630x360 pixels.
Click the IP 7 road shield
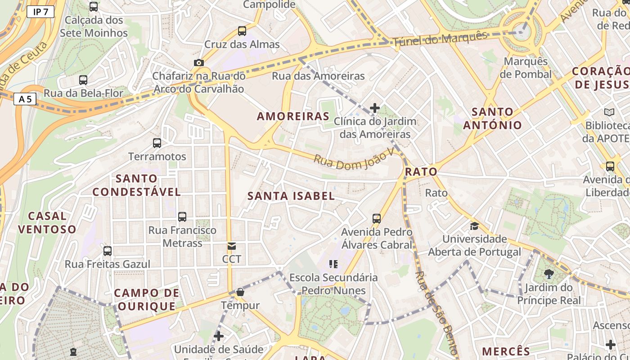click(x=40, y=12)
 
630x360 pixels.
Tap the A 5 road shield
click(x=25, y=99)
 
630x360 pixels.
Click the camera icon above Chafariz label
click(x=198, y=63)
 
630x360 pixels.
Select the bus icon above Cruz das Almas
click(x=242, y=31)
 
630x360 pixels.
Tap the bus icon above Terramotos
click(x=157, y=143)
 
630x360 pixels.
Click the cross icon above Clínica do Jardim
click(x=375, y=108)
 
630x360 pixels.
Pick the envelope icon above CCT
click(x=232, y=246)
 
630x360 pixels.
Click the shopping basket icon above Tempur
click(x=240, y=292)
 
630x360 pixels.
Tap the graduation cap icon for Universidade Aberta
click(x=474, y=225)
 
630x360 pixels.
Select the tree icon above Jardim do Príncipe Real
click(x=549, y=274)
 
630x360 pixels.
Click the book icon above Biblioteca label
click(x=609, y=112)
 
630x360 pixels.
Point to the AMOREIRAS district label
click(x=293, y=116)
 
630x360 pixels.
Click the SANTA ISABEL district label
click(x=291, y=196)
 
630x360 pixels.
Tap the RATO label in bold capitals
click(x=421, y=171)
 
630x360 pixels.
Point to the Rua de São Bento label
click(x=436, y=313)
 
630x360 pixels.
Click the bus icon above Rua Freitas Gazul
click(x=108, y=251)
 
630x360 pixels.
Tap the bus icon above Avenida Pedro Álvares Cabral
click(x=377, y=219)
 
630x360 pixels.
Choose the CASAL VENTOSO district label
click(x=47, y=222)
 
